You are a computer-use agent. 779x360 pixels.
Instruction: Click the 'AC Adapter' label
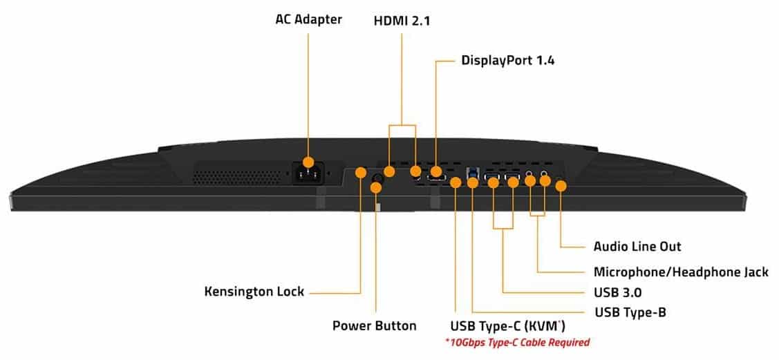308,19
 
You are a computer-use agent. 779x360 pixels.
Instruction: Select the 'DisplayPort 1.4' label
508,60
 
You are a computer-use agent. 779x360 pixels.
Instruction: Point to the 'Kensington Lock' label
254,291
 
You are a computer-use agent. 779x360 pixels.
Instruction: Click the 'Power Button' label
374,325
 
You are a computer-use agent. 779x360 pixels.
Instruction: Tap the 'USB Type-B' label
630,312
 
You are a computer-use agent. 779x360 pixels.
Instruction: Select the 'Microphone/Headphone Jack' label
681,272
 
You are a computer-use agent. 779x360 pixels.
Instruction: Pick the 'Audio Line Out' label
637,246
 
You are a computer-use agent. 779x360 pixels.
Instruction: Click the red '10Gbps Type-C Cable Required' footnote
517,342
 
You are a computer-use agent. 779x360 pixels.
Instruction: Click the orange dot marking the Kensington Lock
360,171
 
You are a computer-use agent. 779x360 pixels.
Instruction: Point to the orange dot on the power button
377,187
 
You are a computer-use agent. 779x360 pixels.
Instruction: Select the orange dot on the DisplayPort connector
436,171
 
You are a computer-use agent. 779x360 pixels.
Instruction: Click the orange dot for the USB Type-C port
456,182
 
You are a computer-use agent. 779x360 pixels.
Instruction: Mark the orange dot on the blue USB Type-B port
473,182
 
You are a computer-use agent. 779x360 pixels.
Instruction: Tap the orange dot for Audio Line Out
561,185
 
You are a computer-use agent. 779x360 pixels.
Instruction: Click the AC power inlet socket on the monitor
308,175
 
